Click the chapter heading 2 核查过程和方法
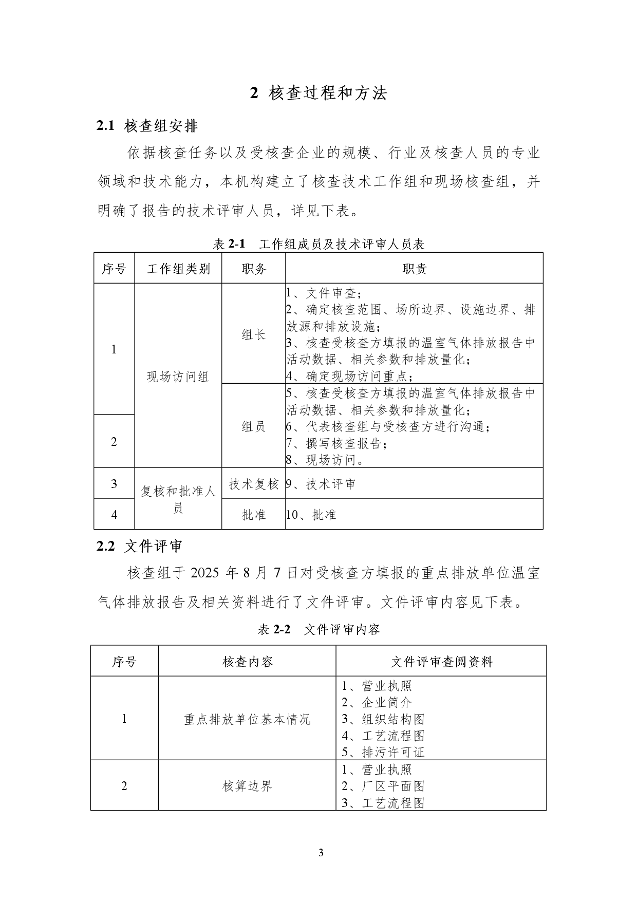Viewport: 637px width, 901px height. point(318,93)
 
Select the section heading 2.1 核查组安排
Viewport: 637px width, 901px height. point(147,126)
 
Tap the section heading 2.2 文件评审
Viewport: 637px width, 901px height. point(140,547)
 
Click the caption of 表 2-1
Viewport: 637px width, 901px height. point(318,244)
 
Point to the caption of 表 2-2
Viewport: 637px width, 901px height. point(318,629)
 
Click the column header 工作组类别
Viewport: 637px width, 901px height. point(178,268)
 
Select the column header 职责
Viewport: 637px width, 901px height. point(414,268)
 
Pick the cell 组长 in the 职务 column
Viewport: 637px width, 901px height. point(254,335)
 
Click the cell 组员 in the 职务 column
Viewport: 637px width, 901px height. point(254,426)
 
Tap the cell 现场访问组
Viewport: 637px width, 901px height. point(178,377)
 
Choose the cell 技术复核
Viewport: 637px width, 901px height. point(254,484)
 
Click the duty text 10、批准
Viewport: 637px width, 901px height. point(311,515)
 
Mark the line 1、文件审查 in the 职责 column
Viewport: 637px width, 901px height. point(324,293)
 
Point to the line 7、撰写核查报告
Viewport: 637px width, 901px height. point(336,443)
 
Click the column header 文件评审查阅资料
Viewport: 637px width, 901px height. point(442,662)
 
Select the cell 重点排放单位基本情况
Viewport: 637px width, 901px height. point(247,719)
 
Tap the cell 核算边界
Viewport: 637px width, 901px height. point(247,786)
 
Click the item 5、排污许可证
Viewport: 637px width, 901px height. point(383,753)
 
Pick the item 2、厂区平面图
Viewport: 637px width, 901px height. point(383,786)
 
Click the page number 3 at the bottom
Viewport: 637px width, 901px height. point(321,853)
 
